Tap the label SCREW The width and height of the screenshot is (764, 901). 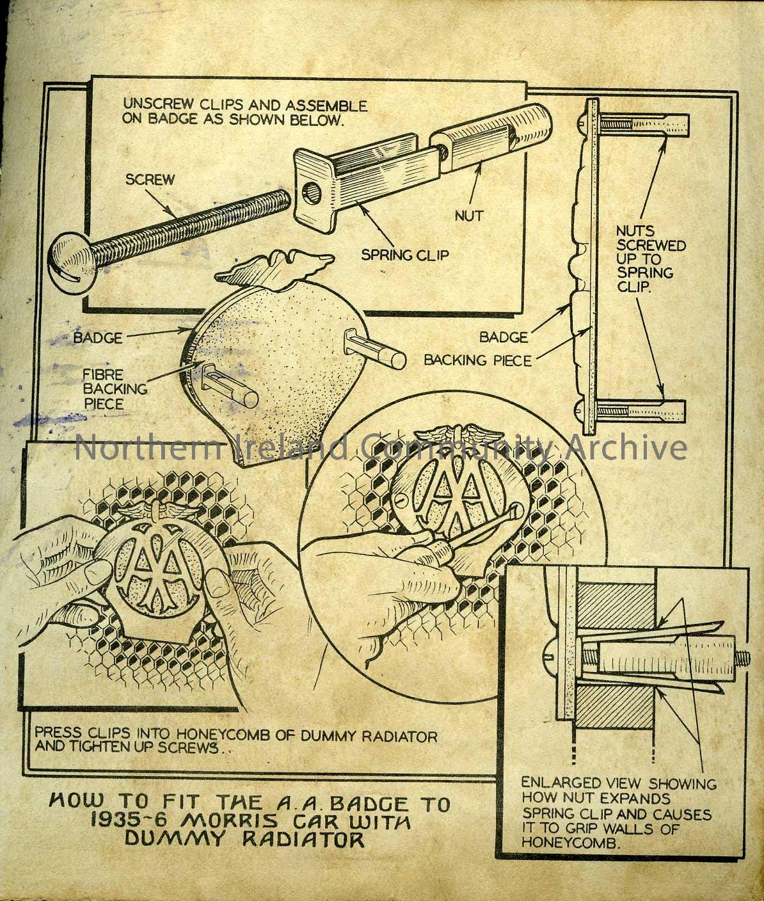tap(150, 179)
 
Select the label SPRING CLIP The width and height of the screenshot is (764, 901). tap(405, 255)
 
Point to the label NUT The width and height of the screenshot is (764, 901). tap(469, 216)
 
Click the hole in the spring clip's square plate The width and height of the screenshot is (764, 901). tap(312, 190)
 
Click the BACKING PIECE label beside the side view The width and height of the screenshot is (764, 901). tap(477, 360)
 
